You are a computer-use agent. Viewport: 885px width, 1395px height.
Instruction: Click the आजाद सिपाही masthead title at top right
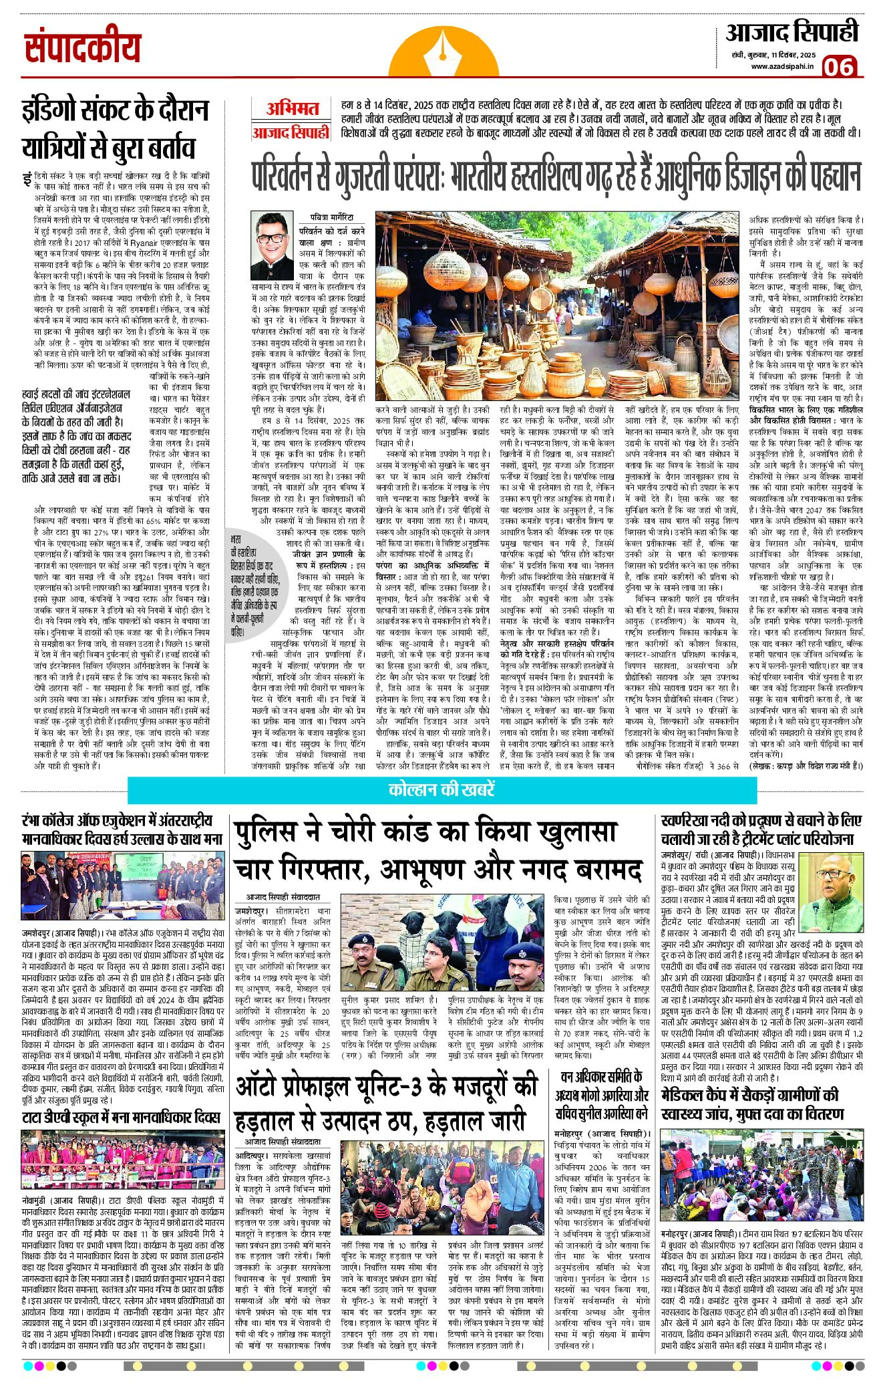[x=792, y=32]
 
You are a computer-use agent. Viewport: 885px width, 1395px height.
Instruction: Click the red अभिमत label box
[x=292, y=108]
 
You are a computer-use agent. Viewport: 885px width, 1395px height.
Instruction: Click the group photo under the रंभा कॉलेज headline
[x=122, y=886]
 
